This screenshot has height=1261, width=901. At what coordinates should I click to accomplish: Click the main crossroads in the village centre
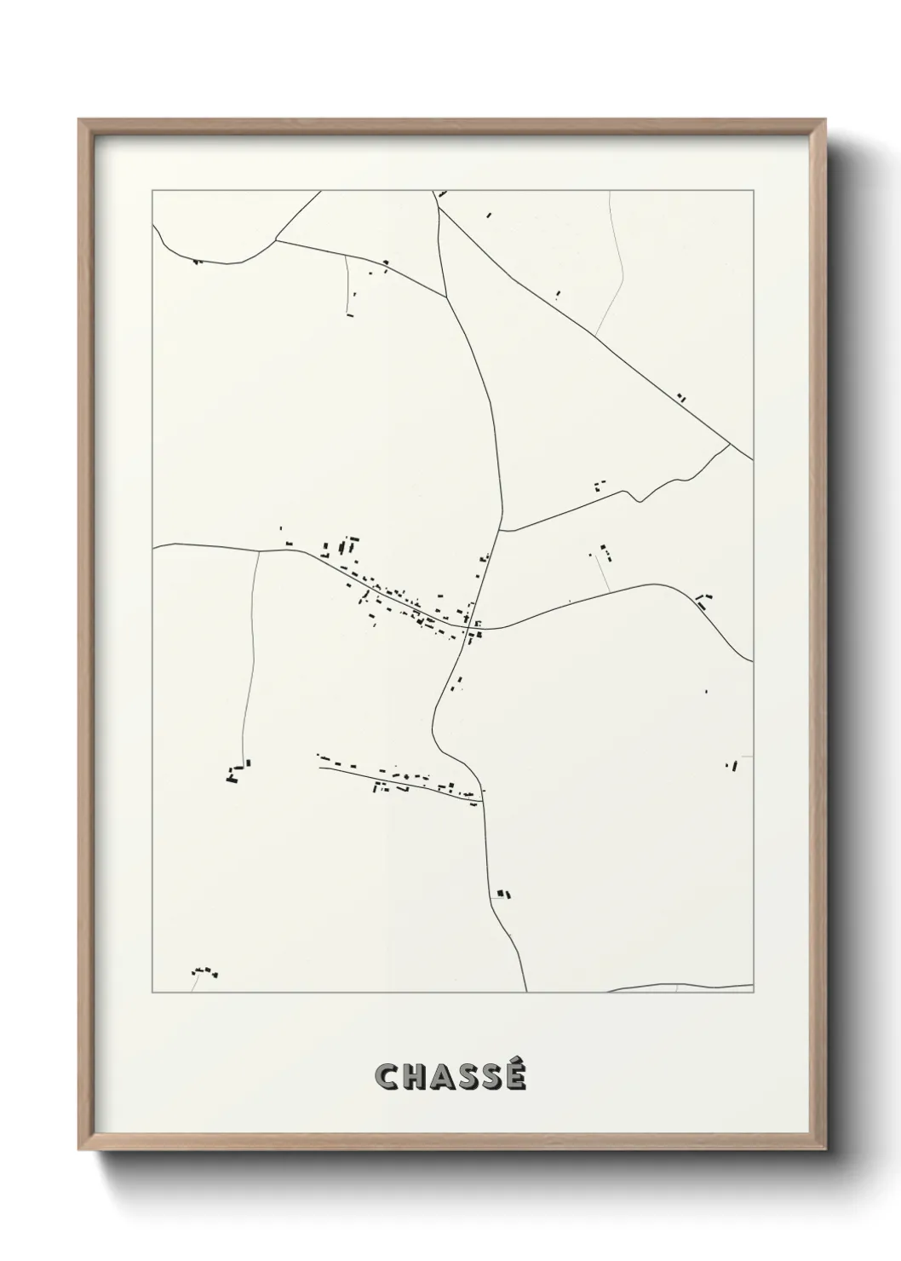point(470,629)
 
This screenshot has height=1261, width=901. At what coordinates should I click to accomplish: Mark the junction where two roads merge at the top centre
point(446,297)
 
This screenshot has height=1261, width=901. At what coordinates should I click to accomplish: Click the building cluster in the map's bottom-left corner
point(204,971)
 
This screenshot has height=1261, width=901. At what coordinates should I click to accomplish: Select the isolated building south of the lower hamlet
point(503,894)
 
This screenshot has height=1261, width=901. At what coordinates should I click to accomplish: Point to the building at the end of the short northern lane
point(349,314)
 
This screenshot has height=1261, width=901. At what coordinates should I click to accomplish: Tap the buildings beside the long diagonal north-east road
point(680,396)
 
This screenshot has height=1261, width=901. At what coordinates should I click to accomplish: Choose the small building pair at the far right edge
point(732,765)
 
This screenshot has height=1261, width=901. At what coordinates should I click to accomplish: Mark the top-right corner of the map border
point(754,191)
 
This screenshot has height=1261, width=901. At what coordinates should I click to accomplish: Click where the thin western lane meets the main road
point(259,551)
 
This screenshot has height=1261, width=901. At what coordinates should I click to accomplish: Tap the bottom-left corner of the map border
point(152,993)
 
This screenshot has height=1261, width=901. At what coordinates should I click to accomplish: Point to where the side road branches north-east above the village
point(500,531)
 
